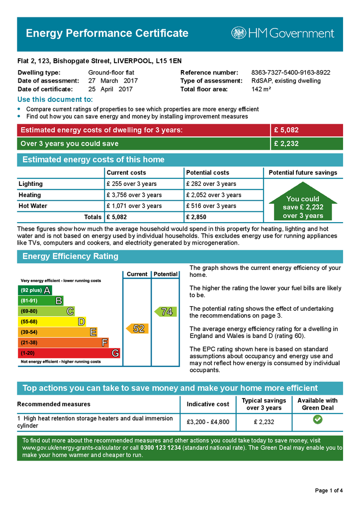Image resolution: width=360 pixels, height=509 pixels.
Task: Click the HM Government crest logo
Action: click(x=239, y=33)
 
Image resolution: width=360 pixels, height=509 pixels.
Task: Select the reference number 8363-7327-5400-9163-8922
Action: click(x=290, y=73)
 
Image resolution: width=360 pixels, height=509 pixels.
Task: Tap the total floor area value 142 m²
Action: click(x=261, y=89)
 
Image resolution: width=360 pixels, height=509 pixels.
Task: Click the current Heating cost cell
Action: click(x=134, y=195)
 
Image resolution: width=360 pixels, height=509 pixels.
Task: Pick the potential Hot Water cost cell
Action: click(x=211, y=206)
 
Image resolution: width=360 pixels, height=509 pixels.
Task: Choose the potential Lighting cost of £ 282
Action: click(x=211, y=184)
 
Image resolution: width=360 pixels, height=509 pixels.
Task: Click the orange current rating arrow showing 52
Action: click(x=136, y=329)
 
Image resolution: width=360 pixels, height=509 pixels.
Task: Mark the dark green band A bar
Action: click(x=35, y=290)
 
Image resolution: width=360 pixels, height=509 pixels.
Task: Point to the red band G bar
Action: click(x=69, y=353)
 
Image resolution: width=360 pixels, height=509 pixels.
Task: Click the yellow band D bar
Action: click(x=52, y=322)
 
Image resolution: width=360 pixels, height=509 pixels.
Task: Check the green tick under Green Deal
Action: click(x=318, y=420)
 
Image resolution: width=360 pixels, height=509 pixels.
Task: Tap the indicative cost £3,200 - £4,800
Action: click(x=208, y=422)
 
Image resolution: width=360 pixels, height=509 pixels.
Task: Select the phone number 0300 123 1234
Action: click(x=161, y=448)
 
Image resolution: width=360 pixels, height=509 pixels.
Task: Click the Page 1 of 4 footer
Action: click(x=329, y=491)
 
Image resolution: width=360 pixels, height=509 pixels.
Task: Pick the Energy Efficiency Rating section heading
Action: click(x=71, y=256)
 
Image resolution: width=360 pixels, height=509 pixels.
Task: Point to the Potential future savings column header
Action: click(x=303, y=172)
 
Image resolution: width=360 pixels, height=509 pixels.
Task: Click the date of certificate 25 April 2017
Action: click(x=110, y=89)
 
